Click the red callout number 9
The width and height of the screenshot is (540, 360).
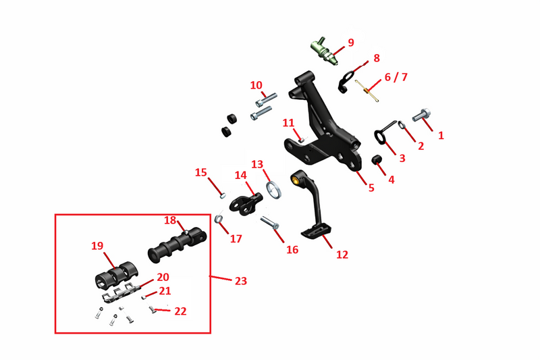click(350, 43)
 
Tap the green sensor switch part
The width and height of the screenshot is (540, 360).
click(324, 51)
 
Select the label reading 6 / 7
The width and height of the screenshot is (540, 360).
click(396, 77)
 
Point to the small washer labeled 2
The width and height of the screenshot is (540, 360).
click(402, 125)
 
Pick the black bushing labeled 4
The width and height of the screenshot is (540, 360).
click(377, 160)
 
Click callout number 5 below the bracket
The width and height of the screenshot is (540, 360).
click(371, 188)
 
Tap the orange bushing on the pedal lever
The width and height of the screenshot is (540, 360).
click(295, 180)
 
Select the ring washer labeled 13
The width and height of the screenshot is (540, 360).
click(274, 190)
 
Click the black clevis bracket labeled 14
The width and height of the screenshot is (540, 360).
click(245, 204)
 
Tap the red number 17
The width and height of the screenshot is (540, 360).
click(236, 238)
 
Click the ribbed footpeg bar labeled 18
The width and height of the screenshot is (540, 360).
click(177, 245)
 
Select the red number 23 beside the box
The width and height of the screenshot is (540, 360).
click(241, 281)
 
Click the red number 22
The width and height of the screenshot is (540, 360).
click(180, 311)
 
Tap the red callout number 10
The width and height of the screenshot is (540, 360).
click(256, 85)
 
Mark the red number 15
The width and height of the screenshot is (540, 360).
click(200, 172)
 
